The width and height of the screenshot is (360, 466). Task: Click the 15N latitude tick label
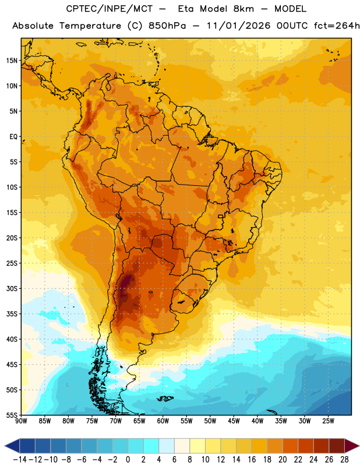coord(12,61)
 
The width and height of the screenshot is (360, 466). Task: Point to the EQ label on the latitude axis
coord(13,137)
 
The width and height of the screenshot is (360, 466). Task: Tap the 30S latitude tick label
coord(12,288)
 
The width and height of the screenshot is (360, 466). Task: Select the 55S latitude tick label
coord(12,415)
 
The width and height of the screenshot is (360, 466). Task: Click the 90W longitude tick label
coord(21,421)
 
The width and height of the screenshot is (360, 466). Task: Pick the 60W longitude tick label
coord(163,421)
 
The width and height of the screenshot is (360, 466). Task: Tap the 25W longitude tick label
coord(329,421)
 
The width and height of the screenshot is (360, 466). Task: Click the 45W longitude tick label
coord(234,421)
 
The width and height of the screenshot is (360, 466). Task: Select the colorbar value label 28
coord(344,460)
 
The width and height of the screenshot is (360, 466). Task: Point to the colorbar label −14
coord(20,460)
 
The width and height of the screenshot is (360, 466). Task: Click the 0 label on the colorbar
coord(128,460)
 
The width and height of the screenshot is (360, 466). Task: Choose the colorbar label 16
coord(252,460)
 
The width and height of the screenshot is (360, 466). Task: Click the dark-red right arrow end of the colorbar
coord(352,446)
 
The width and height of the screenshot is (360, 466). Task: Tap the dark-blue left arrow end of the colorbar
coord(12,446)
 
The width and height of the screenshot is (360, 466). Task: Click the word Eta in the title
coord(186,9)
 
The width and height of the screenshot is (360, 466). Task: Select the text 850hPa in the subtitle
coord(167,26)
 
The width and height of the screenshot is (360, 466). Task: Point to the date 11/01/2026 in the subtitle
coord(238,26)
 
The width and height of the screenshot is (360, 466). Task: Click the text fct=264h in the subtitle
coord(337,26)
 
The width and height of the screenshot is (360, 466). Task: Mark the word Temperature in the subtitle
coord(90,26)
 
